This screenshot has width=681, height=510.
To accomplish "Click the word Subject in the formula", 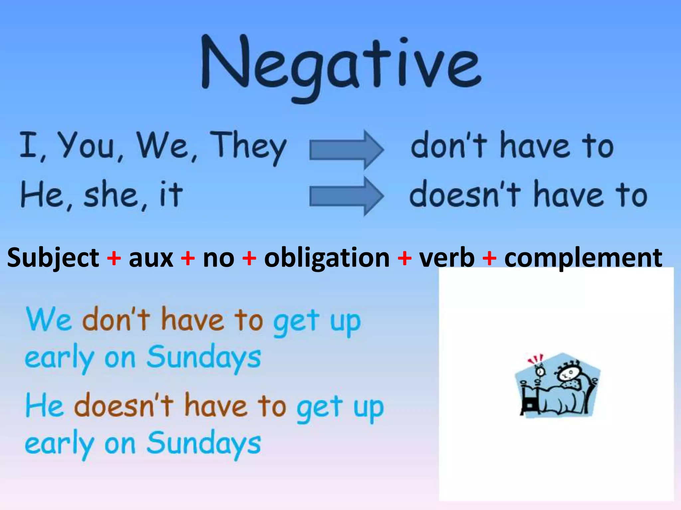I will [53, 258].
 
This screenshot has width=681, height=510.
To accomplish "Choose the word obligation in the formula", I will [327, 258].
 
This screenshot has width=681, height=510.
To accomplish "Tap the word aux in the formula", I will [151, 258].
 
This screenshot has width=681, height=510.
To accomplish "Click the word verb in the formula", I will [447, 258].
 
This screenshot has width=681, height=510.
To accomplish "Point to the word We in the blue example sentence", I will [49, 319].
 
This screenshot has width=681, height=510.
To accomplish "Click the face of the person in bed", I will [566, 376].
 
